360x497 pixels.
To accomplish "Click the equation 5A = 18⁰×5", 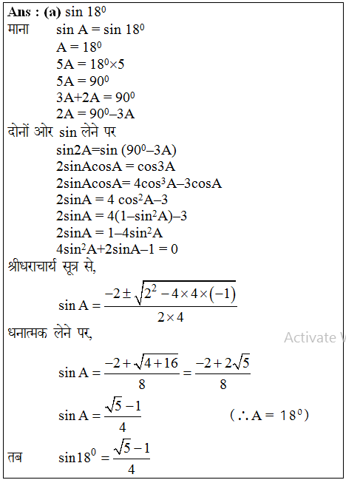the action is (x=90, y=64).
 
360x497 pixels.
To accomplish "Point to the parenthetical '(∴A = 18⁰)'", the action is (x=268, y=415).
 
